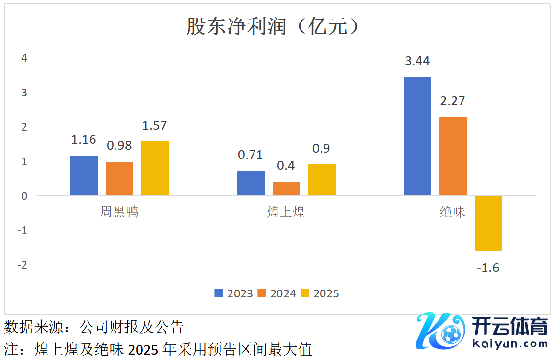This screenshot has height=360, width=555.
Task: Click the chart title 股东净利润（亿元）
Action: pos(274,26)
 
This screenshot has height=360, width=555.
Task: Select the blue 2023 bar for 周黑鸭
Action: pos(84,176)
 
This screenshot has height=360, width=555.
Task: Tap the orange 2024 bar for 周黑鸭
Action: pos(119,179)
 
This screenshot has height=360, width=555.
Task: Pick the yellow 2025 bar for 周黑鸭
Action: pos(155,168)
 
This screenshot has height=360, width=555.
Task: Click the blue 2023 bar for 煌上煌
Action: pos(251,183)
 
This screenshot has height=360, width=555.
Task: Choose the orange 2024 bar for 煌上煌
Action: pos(286,189)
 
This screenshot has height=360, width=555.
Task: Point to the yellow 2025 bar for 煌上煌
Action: pos(322,180)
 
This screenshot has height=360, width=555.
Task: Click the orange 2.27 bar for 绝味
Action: pos(453,157)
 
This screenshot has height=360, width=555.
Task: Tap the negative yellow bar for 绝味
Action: pos(488,224)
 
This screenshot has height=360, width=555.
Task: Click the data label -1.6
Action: pos(488,268)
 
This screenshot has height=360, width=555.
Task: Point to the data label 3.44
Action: pos(417,61)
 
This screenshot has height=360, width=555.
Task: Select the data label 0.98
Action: pos(119,146)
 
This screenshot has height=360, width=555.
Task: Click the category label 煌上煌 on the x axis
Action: pos(286,212)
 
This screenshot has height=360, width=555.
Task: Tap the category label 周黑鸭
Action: pos(119,212)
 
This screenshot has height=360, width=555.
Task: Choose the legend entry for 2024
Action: pos(277,293)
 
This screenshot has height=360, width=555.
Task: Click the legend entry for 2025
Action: pos(320,293)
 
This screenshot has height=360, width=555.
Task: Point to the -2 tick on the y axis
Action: pos(22,265)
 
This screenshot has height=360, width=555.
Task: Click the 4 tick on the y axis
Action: pos(24,58)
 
